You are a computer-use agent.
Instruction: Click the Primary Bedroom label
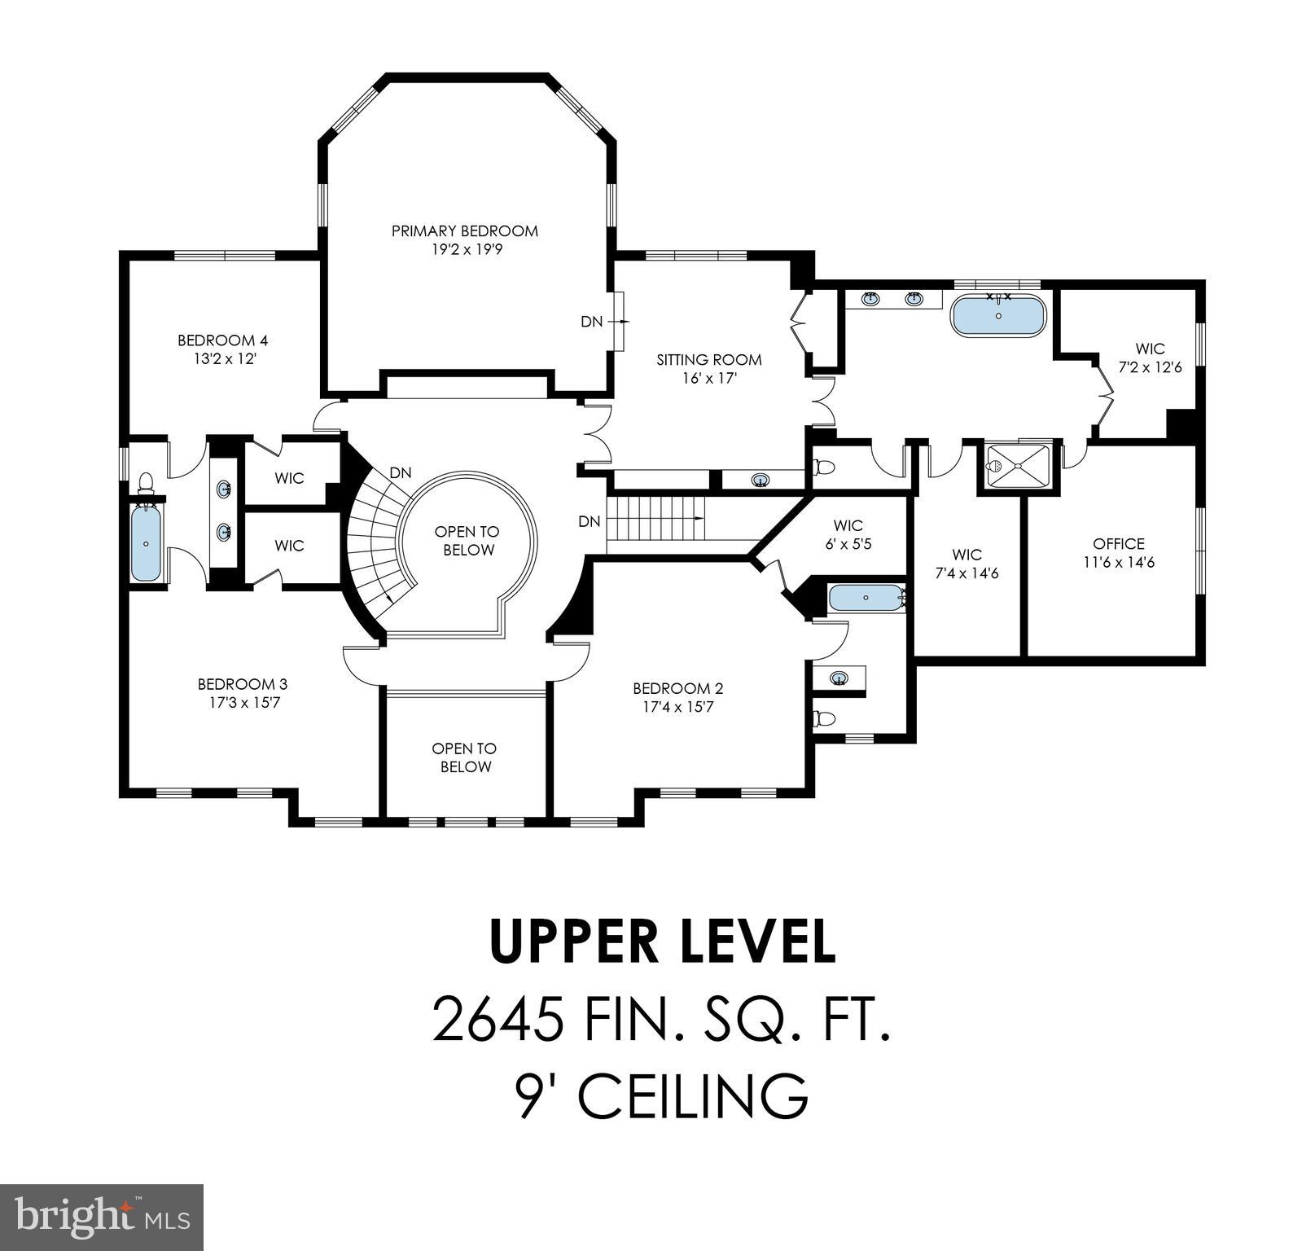pos(465,231)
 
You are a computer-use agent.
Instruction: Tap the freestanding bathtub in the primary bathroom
pos(998,317)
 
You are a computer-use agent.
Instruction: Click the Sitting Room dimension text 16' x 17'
pos(709,378)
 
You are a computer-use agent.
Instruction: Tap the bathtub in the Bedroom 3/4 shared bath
pos(147,542)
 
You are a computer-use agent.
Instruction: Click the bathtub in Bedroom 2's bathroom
pos(866,599)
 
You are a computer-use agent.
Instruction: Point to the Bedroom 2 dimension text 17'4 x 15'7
pos(677,707)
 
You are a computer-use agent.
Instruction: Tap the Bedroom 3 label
pos(243,684)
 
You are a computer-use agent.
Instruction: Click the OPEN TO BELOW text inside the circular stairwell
pos(467,541)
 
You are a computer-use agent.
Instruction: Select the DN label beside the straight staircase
pos(590,521)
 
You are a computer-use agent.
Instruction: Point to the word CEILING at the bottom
pos(693,1095)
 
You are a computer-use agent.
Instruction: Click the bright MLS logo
pos(102,1218)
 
